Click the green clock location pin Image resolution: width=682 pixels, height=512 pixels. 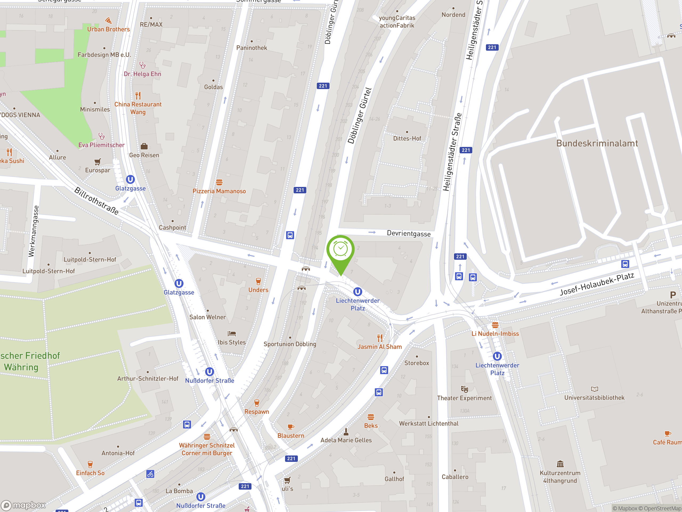pyautogui.click(x=340, y=250)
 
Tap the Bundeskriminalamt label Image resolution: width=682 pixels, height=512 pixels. pyautogui.click(x=597, y=143)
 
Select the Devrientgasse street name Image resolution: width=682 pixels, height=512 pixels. pyautogui.click(x=408, y=233)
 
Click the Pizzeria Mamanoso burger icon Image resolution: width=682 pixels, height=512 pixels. pyautogui.click(x=219, y=182)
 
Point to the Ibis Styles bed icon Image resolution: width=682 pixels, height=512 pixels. pyautogui.click(x=232, y=334)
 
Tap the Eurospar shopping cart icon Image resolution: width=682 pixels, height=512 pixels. pyautogui.click(x=98, y=162)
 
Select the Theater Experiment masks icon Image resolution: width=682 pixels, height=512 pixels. pyautogui.click(x=464, y=389)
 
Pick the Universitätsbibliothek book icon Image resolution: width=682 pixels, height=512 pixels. pyautogui.click(x=594, y=389)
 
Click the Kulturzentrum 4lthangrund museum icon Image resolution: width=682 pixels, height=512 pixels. pyautogui.click(x=560, y=464)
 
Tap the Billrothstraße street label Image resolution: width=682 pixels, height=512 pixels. pyautogui.click(x=96, y=201)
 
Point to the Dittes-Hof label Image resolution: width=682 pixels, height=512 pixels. pyautogui.click(x=407, y=139)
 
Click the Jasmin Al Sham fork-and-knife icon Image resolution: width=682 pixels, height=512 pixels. pyautogui.click(x=380, y=338)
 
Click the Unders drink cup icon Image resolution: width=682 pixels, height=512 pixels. pyautogui.click(x=258, y=281)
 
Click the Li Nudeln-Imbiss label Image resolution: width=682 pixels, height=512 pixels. pyautogui.click(x=495, y=334)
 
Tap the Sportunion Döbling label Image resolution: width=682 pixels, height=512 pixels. pyautogui.click(x=290, y=344)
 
